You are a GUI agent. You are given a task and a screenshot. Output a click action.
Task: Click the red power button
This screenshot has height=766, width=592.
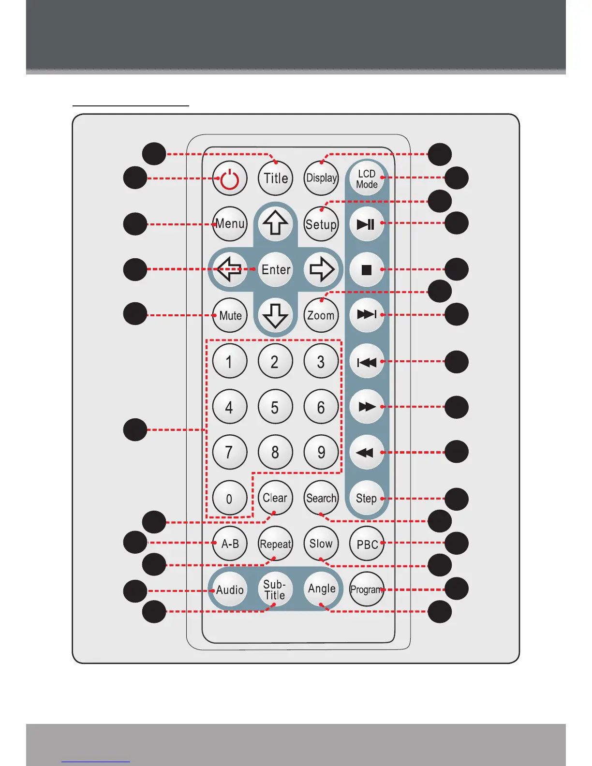[230, 178]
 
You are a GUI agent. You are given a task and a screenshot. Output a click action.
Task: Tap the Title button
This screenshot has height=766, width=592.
[276, 178]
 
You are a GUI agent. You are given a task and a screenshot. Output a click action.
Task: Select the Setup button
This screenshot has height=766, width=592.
[321, 224]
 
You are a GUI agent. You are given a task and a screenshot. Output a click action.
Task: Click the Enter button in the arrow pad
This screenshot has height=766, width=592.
[276, 269]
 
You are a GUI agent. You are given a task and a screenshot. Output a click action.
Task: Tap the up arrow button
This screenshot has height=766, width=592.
[276, 224]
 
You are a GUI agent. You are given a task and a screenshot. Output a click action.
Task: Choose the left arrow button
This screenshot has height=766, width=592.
[230, 269]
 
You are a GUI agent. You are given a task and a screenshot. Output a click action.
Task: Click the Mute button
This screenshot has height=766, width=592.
[230, 315]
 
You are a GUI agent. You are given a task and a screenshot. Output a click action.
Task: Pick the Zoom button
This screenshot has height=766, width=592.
[321, 315]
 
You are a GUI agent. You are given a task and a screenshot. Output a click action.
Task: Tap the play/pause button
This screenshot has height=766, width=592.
[366, 224]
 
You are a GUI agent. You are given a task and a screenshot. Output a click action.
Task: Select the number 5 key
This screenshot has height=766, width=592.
[275, 407]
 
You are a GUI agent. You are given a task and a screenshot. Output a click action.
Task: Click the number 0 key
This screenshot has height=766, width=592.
[230, 499]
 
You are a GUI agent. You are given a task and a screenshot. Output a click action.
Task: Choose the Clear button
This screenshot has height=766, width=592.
[275, 498]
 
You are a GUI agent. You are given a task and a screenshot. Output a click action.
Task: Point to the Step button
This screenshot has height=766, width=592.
[366, 499]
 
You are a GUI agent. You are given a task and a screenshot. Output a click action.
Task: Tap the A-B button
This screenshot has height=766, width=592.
[230, 544]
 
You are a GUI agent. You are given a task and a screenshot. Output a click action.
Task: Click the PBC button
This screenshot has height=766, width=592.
[367, 544]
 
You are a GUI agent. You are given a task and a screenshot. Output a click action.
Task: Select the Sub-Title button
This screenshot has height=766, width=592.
[275, 589]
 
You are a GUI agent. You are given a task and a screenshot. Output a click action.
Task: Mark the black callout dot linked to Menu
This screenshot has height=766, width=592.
[135, 224]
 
